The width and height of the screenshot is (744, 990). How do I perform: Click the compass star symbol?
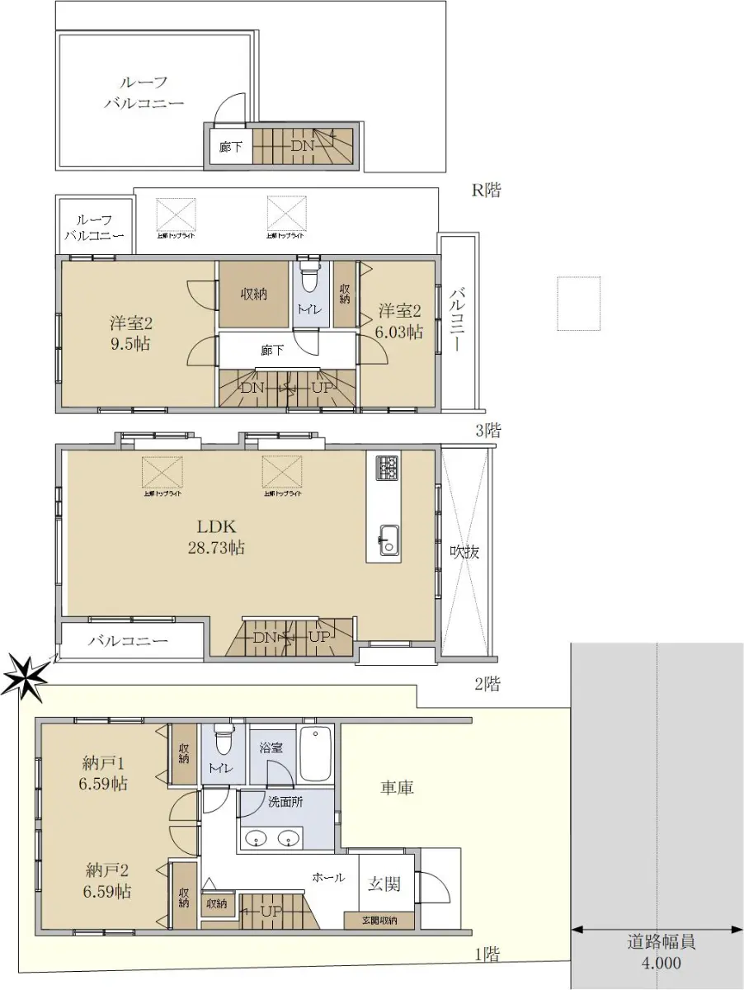(24, 676)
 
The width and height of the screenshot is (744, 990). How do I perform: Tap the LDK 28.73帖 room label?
(217, 537)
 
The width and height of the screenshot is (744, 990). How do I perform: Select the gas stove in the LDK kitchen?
(387, 468)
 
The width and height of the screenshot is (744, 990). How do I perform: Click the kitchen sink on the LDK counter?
(387, 541)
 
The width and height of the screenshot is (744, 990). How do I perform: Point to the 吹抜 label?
(465, 551)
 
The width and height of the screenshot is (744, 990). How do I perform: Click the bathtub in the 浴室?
(316, 753)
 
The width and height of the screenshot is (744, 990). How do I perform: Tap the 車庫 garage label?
(397, 788)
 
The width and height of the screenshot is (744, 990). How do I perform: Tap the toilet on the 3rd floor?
(309, 280)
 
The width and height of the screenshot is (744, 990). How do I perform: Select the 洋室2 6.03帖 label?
(400, 321)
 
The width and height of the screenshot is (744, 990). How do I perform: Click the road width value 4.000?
(659, 962)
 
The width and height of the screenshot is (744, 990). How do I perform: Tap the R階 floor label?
(486, 191)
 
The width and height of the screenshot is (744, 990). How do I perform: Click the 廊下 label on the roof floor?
(230, 148)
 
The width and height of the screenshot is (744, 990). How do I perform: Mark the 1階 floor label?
(487, 955)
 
